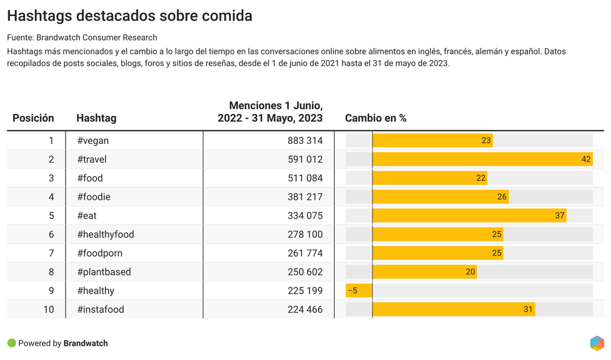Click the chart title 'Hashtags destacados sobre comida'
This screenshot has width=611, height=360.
tap(129, 16)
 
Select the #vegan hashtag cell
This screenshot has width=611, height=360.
tap(93, 141)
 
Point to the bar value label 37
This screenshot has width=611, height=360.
tap(560, 216)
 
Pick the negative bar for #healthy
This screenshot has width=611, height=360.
tap(359, 291)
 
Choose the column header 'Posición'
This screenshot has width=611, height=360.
tap(33, 118)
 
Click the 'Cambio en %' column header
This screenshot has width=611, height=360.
tap(376, 118)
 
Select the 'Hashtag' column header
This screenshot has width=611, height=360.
tap(97, 118)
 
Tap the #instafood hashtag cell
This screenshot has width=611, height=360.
tap(101, 309)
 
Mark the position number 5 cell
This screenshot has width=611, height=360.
tap(51, 216)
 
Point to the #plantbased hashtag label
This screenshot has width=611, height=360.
tap(104, 272)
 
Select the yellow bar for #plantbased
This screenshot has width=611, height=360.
tap(424, 272)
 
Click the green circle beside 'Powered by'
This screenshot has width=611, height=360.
tap(11, 343)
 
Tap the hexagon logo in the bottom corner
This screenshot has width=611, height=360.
tap(597, 343)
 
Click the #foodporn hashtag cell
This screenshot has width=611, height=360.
tap(100, 253)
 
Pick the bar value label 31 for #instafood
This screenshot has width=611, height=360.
tap(528, 309)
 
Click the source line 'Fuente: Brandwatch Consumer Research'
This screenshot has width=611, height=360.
tap(82, 38)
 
